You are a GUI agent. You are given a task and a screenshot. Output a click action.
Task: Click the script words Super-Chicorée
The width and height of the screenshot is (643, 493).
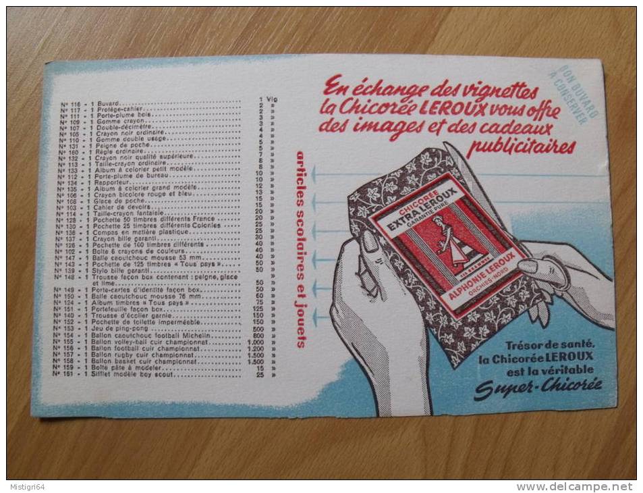tap(538, 387)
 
